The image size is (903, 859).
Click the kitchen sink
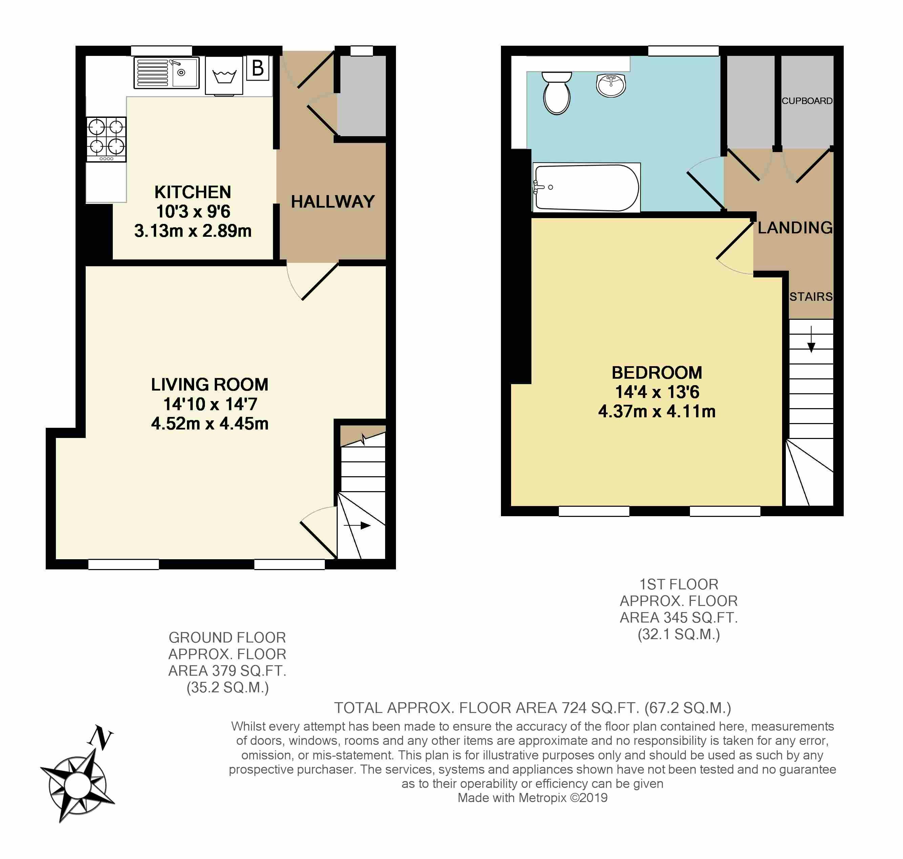click(x=167, y=72)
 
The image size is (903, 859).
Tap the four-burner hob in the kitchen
click(x=106, y=140)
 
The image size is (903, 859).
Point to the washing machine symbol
click(x=224, y=76)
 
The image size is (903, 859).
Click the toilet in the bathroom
click(x=556, y=92)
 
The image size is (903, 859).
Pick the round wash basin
click(x=611, y=85)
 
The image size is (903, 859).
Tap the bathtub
click(x=586, y=187)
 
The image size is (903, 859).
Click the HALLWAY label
click(x=333, y=202)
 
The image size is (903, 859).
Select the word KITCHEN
click(x=193, y=192)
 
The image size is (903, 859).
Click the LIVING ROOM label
click(x=210, y=385)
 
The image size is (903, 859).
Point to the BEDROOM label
click(x=657, y=373)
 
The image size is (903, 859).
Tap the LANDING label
click(x=795, y=228)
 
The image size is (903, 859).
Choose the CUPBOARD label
click(x=807, y=101)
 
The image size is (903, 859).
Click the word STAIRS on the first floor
click(x=811, y=297)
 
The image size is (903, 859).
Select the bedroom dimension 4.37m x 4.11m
click(x=657, y=412)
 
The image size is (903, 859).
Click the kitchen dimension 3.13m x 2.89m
click(x=193, y=231)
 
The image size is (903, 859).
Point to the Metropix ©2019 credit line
click(x=532, y=798)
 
